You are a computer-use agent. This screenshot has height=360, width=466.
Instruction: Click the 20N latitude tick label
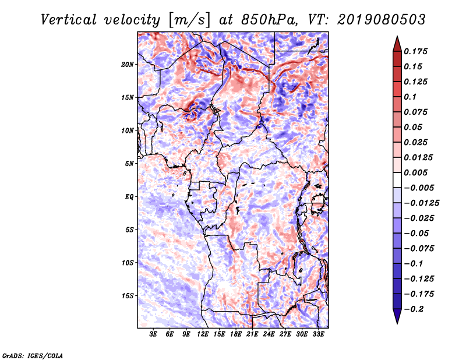coord(128,65)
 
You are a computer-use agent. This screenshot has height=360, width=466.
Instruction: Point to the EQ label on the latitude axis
coord(129,197)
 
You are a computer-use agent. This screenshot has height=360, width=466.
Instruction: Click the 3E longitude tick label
coord(153,334)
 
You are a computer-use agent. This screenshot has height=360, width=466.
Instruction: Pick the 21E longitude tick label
coord(252,334)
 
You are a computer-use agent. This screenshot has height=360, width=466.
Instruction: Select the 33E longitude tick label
coord(318,334)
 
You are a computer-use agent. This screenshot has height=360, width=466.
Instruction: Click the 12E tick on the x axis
coord(202,334)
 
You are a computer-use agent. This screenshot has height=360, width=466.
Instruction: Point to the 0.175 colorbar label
coord(415,51)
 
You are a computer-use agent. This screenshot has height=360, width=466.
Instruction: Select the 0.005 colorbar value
coord(415,172)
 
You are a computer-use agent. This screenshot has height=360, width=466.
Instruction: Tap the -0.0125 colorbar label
coord(421,203)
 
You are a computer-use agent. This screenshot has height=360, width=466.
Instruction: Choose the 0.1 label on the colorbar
coord(410,97)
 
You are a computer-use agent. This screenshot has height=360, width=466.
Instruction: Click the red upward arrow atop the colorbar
coord(397,44)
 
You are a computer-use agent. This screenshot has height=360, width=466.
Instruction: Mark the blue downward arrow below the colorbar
coord(397,316)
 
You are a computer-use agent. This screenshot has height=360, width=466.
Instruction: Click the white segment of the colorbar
coord(397,180)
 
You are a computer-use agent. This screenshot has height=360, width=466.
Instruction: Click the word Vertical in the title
coord(69,20)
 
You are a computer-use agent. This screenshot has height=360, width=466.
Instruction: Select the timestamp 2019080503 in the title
coord(382,20)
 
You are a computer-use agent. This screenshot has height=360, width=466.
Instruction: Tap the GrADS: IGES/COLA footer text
coord(33,355)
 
